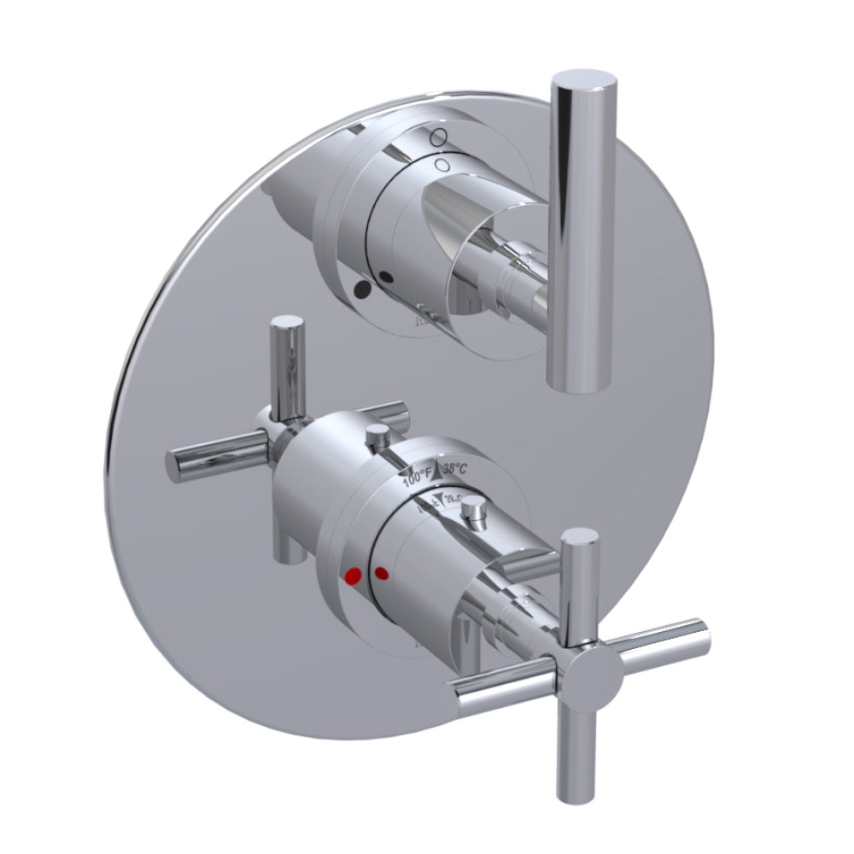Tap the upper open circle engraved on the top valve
437,136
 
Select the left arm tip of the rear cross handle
175,463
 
